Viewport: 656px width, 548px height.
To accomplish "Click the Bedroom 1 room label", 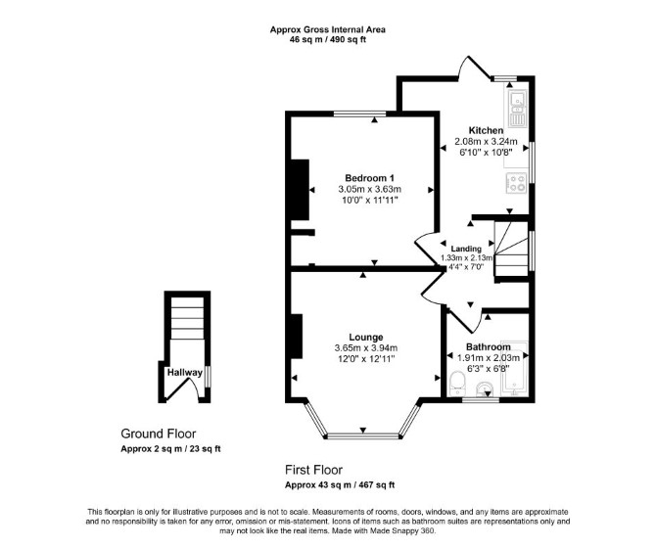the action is [x=369, y=178].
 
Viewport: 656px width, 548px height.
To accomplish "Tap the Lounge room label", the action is [x=366, y=337].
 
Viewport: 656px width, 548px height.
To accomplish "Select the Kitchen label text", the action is [x=486, y=130].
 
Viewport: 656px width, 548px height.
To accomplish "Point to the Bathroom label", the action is [x=489, y=347].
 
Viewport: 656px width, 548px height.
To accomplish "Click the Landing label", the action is [x=466, y=249].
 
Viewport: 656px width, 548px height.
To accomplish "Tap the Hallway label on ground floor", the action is [x=185, y=372].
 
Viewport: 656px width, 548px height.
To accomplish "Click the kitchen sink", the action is [x=518, y=109].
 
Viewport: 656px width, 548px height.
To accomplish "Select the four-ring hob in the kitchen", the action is [x=516, y=184].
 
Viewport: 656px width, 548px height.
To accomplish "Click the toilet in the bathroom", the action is [x=456, y=385].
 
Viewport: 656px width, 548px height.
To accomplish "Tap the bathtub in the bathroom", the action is [x=515, y=369].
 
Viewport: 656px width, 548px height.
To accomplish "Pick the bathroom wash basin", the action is [x=486, y=389].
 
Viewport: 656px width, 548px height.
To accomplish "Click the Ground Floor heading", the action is [x=159, y=434].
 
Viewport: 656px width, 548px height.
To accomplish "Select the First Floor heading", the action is [x=313, y=471].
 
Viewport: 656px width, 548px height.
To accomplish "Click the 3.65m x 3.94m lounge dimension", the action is [x=366, y=347].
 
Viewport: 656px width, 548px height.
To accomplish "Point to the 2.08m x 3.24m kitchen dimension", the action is [x=486, y=141].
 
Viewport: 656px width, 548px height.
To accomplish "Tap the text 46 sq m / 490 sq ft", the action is [x=328, y=40].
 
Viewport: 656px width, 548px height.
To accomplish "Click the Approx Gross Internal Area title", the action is [x=328, y=29].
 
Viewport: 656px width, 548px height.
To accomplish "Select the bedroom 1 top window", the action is [x=359, y=114].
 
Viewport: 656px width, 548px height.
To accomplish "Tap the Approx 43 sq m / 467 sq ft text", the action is [x=340, y=485].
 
